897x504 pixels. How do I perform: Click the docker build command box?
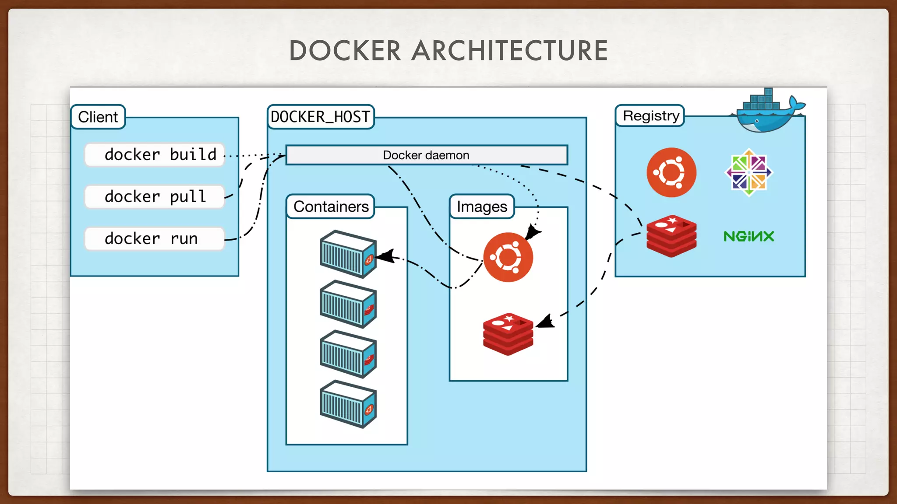[155, 154]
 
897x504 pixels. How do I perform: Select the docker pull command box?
[155, 196]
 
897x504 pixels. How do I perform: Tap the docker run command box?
[155, 238]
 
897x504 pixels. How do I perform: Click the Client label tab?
[98, 117]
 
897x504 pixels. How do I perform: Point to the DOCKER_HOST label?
[321, 117]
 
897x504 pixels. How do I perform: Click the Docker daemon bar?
[427, 155]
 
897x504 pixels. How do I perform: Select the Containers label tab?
[331, 206]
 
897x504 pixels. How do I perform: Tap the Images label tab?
[482, 206]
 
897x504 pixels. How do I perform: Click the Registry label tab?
[650, 115]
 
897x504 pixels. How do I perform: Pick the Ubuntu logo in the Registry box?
[671, 172]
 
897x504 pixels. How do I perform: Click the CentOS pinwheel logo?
[749, 172]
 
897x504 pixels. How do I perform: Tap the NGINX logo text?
[749, 236]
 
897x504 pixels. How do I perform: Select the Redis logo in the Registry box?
[671, 236]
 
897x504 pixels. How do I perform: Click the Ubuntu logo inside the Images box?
[508, 257]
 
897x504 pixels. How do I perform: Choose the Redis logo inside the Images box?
[508, 334]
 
